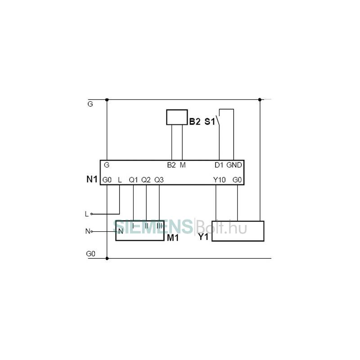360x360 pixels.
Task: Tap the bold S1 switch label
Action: pyautogui.click(x=210, y=121)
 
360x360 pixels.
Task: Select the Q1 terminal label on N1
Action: pyautogui.click(x=133, y=180)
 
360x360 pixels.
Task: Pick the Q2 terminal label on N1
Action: pyautogui.click(x=146, y=180)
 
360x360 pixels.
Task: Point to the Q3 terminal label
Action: pyautogui.click(x=159, y=180)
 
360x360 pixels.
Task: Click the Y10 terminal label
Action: pyautogui.click(x=219, y=180)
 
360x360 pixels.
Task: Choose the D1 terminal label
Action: pyautogui.click(x=219, y=165)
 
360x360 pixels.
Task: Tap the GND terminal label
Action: pyautogui.click(x=234, y=165)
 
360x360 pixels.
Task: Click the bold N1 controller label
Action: pyautogui.click(x=92, y=179)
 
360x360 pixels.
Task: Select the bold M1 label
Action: pyautogui.click(x=173, y=238)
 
